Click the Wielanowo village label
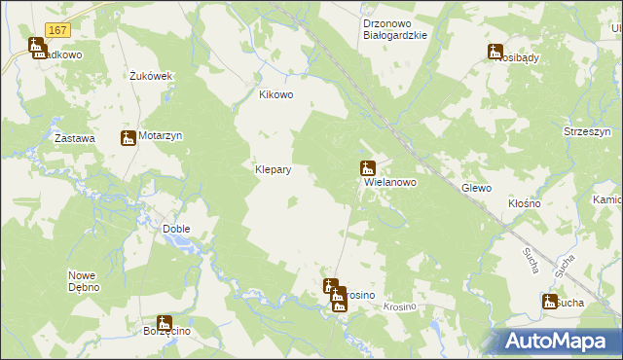click(x=390, y=182)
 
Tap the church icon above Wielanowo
click(x=368, y=167)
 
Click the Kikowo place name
click(x=275, y=95)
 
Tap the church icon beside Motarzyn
click(x=128, y=138)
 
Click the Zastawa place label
click(x=75, y=139)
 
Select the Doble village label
click(x=176, y=230)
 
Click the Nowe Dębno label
click(x=86, y=281)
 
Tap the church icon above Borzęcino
click(x=165, y=322)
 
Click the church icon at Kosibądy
click(x=495, y=52)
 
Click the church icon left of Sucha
click(x=549, y=302)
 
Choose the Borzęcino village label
click(x=165, y=333)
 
